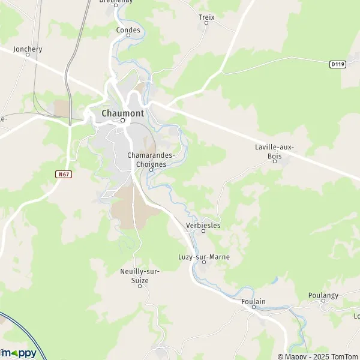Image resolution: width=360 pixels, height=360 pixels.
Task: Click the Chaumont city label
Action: [122, 113]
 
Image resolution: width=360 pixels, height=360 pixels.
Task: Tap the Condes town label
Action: [128, 30]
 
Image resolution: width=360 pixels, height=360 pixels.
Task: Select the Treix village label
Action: [206, 17]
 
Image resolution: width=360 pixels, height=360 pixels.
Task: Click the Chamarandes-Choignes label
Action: [151, 159]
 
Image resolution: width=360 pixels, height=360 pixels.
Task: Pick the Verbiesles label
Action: [203, 226]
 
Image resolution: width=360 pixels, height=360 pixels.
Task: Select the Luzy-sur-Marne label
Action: [204, 257]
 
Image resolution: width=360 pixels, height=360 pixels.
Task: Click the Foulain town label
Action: [253, 301]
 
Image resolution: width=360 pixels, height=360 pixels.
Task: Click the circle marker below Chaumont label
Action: [122, 120]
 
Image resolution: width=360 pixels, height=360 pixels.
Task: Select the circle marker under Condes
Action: [128, 37]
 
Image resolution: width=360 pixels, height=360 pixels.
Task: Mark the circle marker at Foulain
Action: [253, 307]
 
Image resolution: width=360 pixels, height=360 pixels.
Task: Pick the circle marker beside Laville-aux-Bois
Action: [274, 160]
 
